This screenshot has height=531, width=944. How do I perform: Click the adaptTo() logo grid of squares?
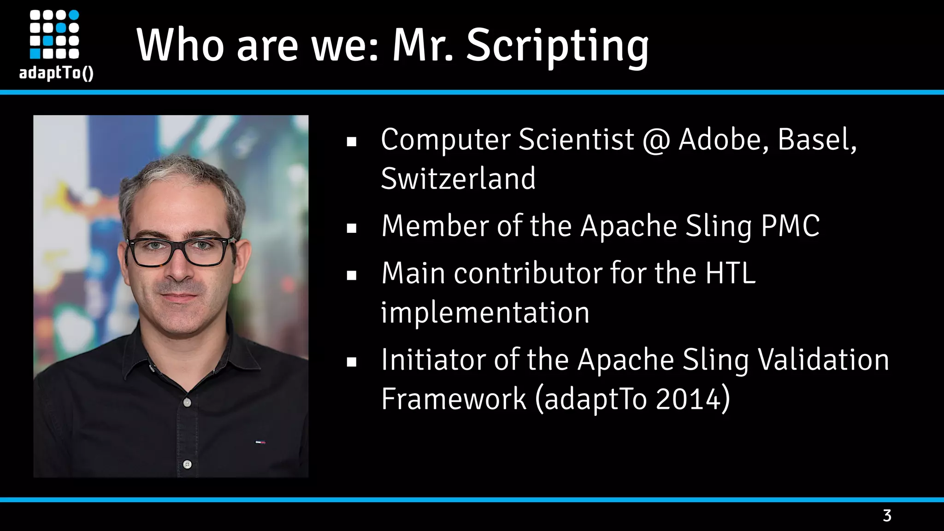coord(54,35)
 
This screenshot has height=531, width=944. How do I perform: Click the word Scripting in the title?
coord(557,46)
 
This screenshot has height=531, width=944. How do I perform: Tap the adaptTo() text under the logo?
coord(56,73)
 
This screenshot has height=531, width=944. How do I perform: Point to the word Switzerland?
coord(458,179)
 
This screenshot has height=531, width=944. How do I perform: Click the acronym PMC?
coord(790,226)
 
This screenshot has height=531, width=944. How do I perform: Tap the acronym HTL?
coord(731,273)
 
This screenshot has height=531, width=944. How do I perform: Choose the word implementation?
coord(485,313)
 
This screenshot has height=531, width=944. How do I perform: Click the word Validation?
coord(824,360)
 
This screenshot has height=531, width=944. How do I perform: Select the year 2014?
coord(688,399)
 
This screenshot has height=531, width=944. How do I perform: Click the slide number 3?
coord(887,515)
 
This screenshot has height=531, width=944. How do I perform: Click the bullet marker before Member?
coord(352,228)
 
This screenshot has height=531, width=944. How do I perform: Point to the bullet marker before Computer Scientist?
coord(352,142)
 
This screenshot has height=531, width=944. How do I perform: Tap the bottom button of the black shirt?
coord(187,464)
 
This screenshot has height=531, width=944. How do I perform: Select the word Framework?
coord(454,399)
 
